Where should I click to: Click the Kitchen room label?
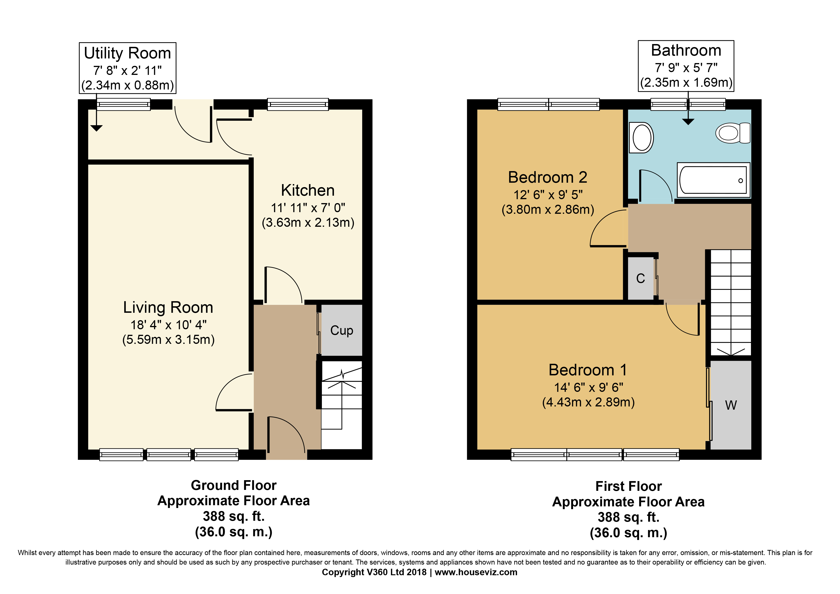308,190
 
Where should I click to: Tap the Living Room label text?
168,307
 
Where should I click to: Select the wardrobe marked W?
731,405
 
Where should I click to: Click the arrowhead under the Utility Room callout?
97,128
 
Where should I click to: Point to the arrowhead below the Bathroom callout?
688,122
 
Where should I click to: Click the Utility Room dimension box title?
127,53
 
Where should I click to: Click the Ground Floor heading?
233,485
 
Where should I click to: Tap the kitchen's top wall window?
298,104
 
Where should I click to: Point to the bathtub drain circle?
741,180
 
